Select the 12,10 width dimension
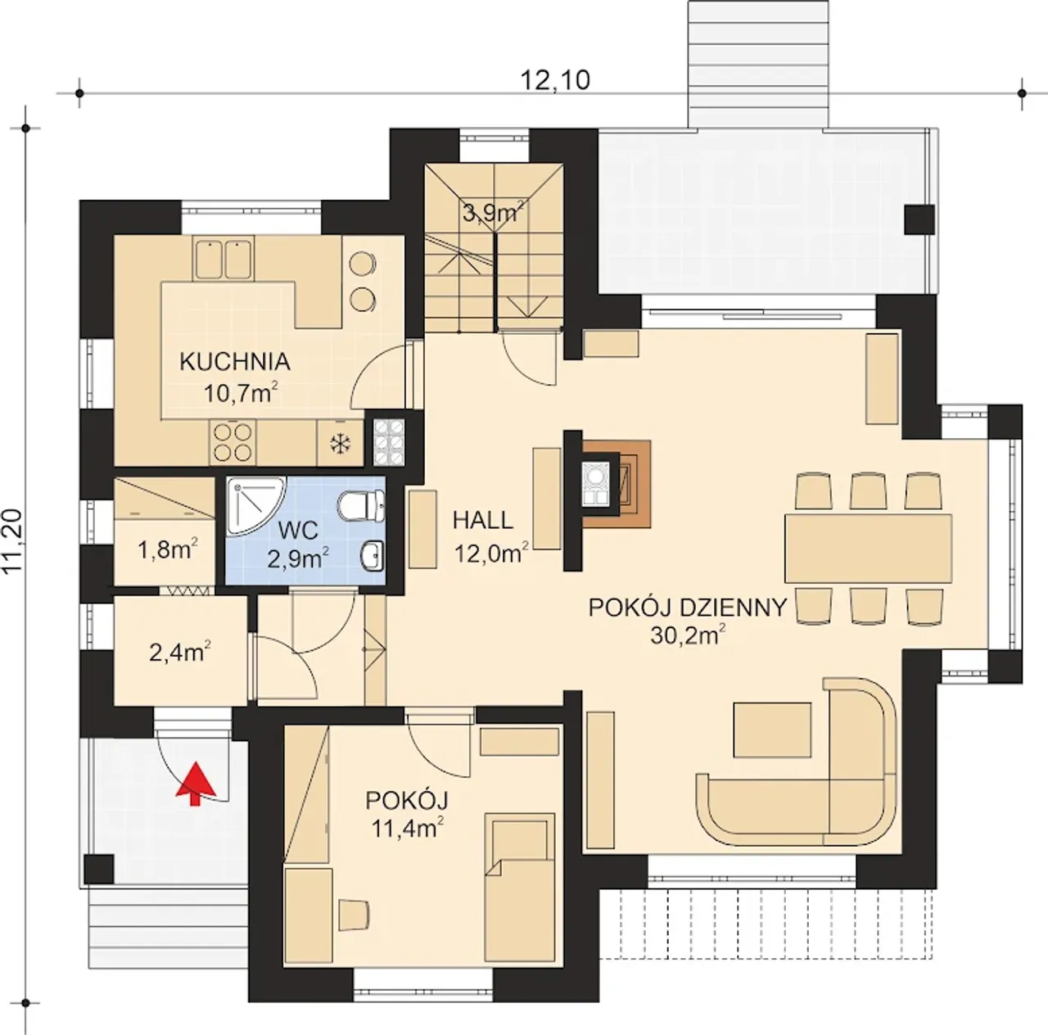point(555,80)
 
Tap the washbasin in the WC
point(373,556)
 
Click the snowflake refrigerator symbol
point(341,444)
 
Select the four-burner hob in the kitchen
point(233,442)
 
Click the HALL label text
point(483,521)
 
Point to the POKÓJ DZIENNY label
point(688,608)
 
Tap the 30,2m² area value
point(688,635)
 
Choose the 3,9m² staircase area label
point(493,212)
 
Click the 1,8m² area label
point(168,550)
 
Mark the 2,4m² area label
point(180,653)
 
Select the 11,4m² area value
point(408,828)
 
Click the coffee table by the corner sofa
point(772,730)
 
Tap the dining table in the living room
point(868,549)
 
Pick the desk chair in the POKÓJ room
point(354,915)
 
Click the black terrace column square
point(919,219)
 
